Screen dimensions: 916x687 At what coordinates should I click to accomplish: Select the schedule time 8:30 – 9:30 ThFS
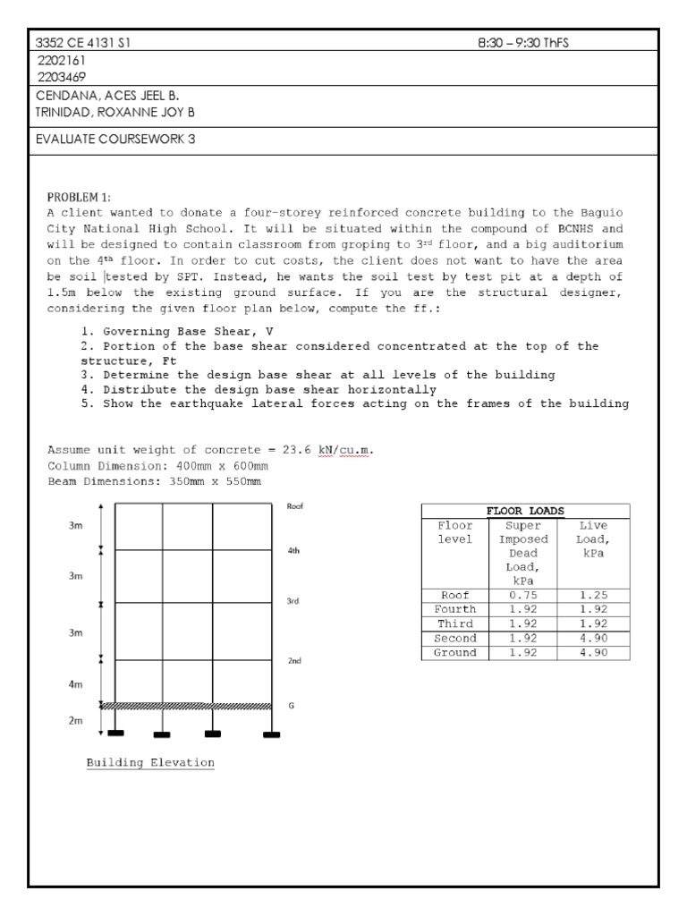point(523,43)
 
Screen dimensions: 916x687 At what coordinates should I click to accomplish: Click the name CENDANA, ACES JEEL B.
point(99,97)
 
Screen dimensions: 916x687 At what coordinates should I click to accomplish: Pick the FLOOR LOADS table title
point(525,511)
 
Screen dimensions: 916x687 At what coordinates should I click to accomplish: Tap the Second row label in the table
point(455,639)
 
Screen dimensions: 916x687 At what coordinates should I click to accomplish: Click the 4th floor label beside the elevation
point(293,551)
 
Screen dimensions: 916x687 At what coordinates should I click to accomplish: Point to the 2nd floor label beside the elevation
point(293,661)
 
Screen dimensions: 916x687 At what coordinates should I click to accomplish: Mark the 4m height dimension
point(76,684)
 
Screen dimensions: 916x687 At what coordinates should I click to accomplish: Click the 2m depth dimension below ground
point(76,720)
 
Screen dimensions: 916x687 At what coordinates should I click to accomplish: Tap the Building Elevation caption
point(150,763)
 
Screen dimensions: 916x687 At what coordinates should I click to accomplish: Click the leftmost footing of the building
point(115,734)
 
